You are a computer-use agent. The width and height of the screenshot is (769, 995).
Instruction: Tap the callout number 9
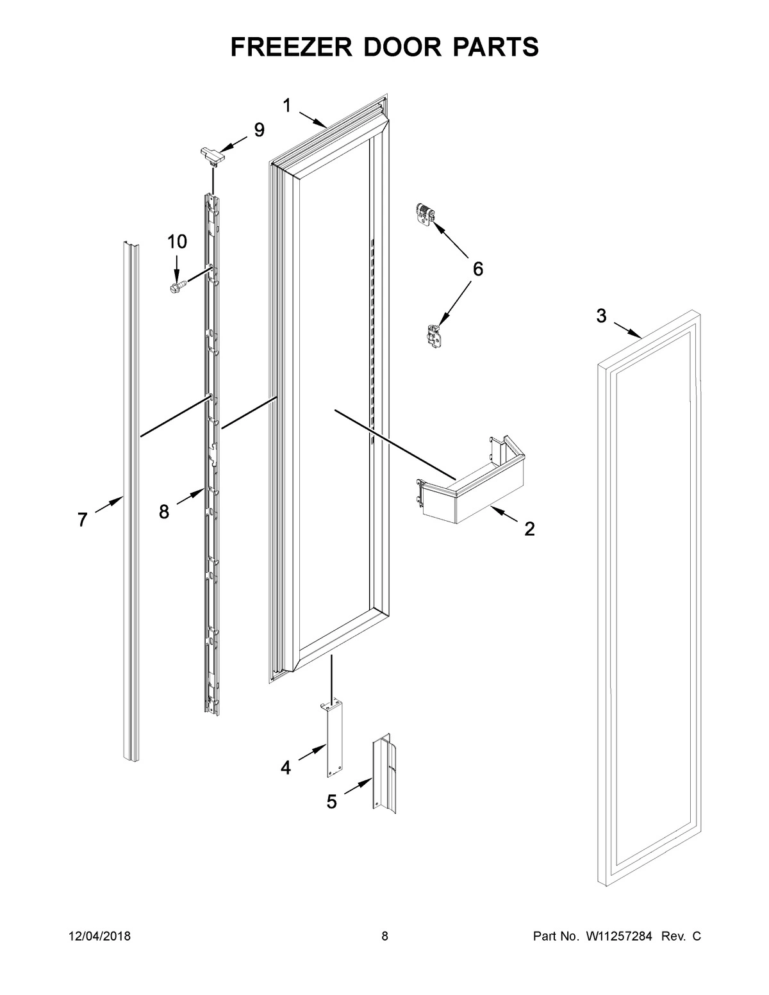259,130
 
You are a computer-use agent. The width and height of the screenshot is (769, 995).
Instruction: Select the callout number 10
178,242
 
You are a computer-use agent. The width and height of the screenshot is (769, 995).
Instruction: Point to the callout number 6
477,269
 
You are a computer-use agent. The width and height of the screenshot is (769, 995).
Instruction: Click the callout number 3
600,315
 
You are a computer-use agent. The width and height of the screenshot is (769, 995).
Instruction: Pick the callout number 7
82,520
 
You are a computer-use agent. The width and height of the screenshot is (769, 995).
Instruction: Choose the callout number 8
164,512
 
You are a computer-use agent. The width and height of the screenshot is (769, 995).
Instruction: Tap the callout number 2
529,529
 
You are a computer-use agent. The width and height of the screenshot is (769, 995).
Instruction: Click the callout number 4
285,767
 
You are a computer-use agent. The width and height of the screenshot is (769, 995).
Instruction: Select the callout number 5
331,802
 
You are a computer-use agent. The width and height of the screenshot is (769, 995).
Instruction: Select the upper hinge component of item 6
424,213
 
